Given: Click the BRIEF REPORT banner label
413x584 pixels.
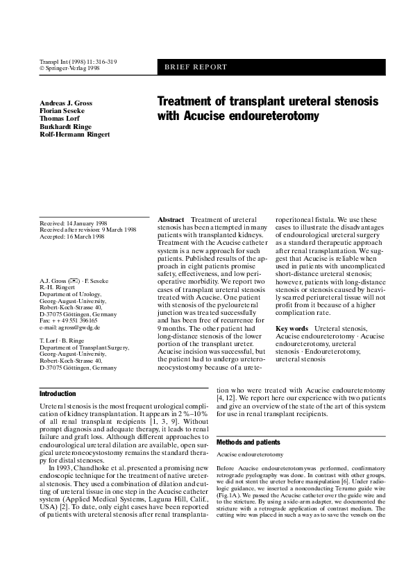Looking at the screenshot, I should tap(196, 67).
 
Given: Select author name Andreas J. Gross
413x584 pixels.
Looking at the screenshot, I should tap(67, 103).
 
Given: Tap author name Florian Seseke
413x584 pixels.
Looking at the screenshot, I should tap(63, 111).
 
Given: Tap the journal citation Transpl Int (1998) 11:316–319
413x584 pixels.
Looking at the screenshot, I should tap(78, 62).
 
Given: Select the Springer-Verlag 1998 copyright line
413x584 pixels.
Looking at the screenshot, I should tap(69, 68).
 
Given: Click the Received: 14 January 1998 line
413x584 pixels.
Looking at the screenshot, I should tap(73, 223).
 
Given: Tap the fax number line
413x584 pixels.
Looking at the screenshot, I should tap(68, 320).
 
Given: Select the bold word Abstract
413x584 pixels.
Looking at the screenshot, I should tap(171, 219).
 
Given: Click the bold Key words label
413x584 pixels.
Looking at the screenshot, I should tap(292, 327).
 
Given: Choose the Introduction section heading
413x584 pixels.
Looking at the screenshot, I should tap(58, 393).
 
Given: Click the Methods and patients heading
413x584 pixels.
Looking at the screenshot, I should tap(248, 442).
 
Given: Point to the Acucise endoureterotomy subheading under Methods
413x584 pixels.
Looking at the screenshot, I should tap(249, 454).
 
